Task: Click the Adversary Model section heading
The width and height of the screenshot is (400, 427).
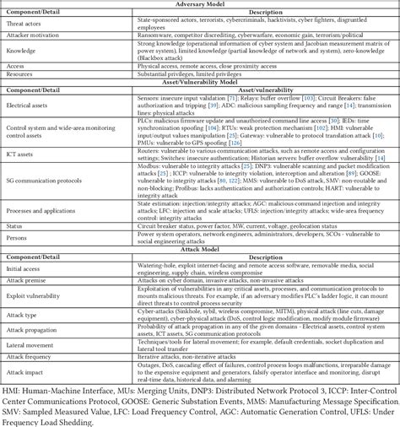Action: tap(200, 4)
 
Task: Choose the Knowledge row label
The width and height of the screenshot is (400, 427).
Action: tap(23, 51)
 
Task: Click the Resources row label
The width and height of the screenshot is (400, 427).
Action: tap(23, 74)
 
